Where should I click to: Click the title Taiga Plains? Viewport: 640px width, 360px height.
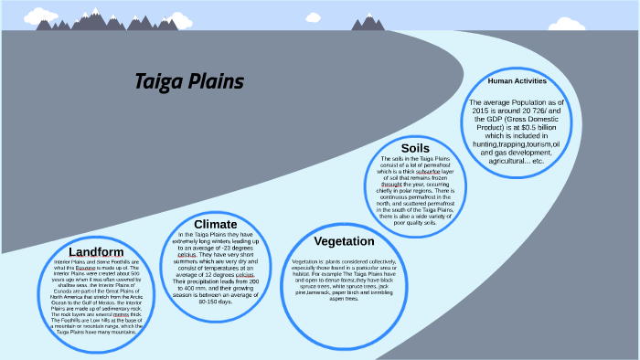[189, 82]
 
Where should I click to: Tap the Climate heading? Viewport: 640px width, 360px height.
[216, 224]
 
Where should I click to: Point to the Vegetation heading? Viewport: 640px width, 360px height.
[344, 241]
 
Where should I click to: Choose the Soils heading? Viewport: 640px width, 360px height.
[415, 148]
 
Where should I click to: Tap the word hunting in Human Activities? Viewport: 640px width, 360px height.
[492, 144]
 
